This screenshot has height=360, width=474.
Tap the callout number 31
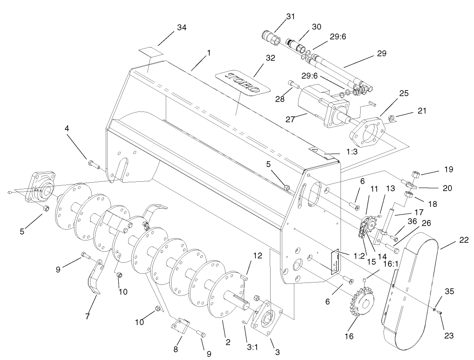coord(291,16)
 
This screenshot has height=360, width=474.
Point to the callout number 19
coord(448,170)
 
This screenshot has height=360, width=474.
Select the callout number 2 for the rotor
coord(228,343)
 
